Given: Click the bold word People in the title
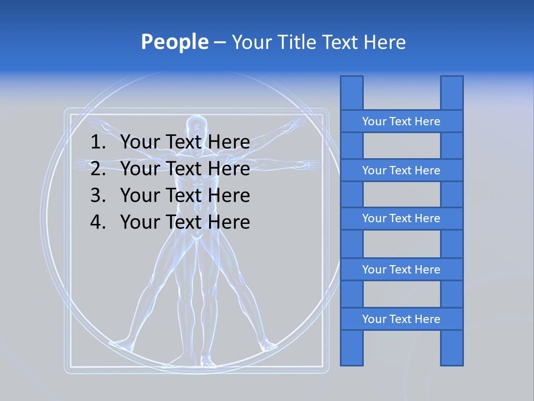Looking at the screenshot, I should [x=174, y=42].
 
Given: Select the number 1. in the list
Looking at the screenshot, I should [x=97, y=143].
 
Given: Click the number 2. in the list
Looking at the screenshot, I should [x=97, y=169].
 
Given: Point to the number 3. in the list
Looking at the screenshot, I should [x=97, y=195].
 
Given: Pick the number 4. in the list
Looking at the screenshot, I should [x=97, y=222].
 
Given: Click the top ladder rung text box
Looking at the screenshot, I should [x=401, y=121].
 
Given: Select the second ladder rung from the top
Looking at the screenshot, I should [x=401, y=170].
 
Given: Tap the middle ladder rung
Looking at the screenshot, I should [x=401, y=218].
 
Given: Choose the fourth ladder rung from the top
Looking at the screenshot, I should [x=401, y=270].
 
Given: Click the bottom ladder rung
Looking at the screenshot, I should [x=401, y=319].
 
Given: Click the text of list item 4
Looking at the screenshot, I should [x=185, y=222].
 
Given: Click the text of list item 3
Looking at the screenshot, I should [x=185, y=195].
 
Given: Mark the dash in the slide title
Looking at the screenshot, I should [x=219, y=43].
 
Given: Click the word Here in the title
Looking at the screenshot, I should [x=384, y=42].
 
